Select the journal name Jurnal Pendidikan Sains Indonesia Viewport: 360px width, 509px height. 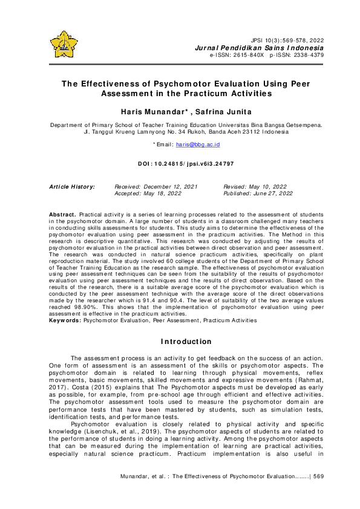(x=259, y=48)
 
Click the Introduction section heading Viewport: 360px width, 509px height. (x=180, y=342)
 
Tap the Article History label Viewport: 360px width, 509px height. (x=71, y=187)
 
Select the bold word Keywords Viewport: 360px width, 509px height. (x=65, y=320)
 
